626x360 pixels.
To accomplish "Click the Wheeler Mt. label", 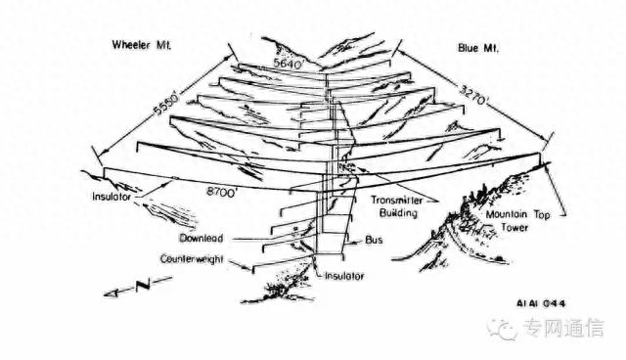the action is coord(142,45).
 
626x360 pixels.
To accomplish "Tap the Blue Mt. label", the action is coord(478,48).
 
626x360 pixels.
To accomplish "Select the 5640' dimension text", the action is coord(290,64).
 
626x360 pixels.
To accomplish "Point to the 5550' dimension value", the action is coord(164,105).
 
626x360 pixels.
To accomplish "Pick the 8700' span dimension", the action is coord(222,192).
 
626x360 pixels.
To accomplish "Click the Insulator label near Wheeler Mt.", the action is coord(112,197).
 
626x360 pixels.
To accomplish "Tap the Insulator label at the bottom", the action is coord(344,276).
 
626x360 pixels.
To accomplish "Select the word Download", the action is coord(201,239).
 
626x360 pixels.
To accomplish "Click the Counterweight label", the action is coord(192,259).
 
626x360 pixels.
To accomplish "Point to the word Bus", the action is coord(374,240).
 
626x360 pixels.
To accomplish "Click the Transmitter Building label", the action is coord(397,206).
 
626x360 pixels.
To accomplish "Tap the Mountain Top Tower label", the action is coord(517,221).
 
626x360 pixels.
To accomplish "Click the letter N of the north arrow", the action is coord(143,286).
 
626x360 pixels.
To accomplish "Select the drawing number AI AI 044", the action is coord(541,303).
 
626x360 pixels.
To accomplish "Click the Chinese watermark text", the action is coord(563,328).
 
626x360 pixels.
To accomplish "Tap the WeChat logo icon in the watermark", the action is coord(503,329).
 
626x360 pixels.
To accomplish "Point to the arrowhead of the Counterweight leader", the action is coord(249,268).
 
